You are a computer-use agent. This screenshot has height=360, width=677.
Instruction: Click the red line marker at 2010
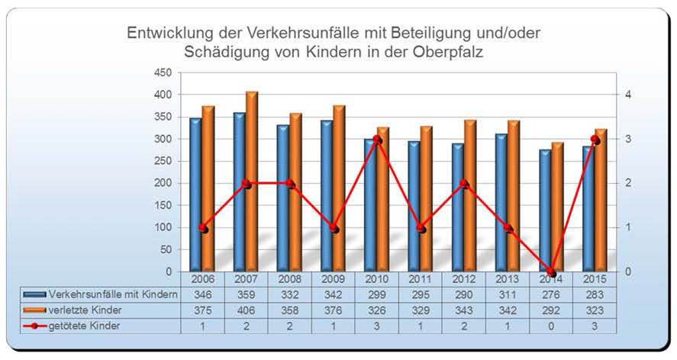click(377, 140)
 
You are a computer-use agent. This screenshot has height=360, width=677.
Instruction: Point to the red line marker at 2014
click(551, 272)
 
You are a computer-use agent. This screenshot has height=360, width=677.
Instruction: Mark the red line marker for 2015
click(595, 140)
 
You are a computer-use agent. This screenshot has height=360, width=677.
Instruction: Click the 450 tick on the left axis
click(161, 73)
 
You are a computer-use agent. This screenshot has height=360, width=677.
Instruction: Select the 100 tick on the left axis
click(161, 228)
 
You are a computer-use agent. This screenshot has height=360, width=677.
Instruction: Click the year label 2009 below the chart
click(333, 279)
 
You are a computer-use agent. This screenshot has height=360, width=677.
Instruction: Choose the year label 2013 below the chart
click(508, 279)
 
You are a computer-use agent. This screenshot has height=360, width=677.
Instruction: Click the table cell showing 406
click(246, 310)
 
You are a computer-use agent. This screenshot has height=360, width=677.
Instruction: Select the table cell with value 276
click(551, 294)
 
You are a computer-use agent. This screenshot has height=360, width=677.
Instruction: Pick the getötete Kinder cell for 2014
click(551, 326)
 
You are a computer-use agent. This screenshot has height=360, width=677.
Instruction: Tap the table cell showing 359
click(246, 294)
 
